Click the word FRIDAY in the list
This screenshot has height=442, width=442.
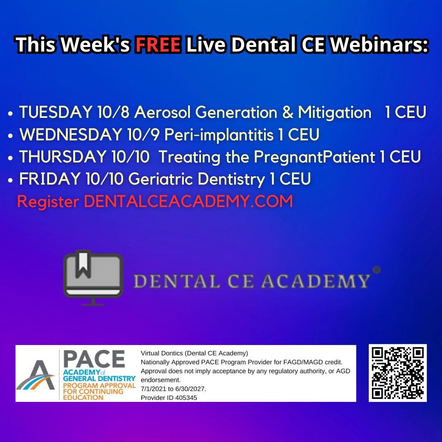50,179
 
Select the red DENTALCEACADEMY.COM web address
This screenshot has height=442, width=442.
188,201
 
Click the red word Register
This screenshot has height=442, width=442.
48,201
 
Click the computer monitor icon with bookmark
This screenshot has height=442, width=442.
93,277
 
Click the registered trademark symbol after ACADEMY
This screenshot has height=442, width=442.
377,270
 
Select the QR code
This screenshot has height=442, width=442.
397,373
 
